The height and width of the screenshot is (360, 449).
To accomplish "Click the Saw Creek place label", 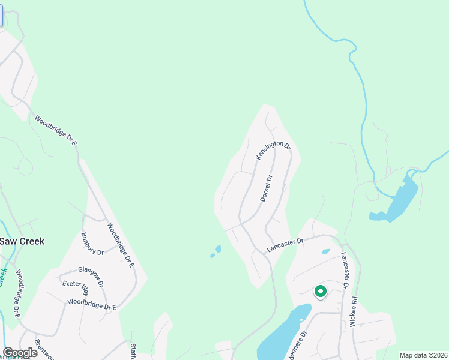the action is pyautogui.click(x=22, y=241).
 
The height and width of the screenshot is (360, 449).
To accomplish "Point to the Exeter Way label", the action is pyautogui.click(x=76, y=288).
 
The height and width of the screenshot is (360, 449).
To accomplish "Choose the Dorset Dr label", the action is pyautogui.click(x=267, y=188).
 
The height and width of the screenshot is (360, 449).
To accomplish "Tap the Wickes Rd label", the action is pyautogui.click(x=355, y=308).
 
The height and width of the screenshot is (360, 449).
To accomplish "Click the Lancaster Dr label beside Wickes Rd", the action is pyautogui.click(x=345, y=271).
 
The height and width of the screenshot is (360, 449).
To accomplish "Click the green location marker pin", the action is pyautogui.click(x=321, y=292).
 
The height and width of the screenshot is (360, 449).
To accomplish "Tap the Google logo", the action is pyautogui.click(x=20, y=353).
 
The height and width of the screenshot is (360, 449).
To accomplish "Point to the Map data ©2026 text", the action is pyautogui.click(x=423, y=355).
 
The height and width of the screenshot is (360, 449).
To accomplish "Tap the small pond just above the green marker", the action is pyautogui.click(x=325, y=252).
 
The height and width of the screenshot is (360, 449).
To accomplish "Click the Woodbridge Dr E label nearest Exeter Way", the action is pyautogui.click(x=91, y=305).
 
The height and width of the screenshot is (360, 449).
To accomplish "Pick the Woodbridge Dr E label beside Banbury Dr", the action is pyautogui.click(x=121, y=245).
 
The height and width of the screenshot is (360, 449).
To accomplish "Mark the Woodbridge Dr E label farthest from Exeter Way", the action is pyautogui.click(x=56, y=130).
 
